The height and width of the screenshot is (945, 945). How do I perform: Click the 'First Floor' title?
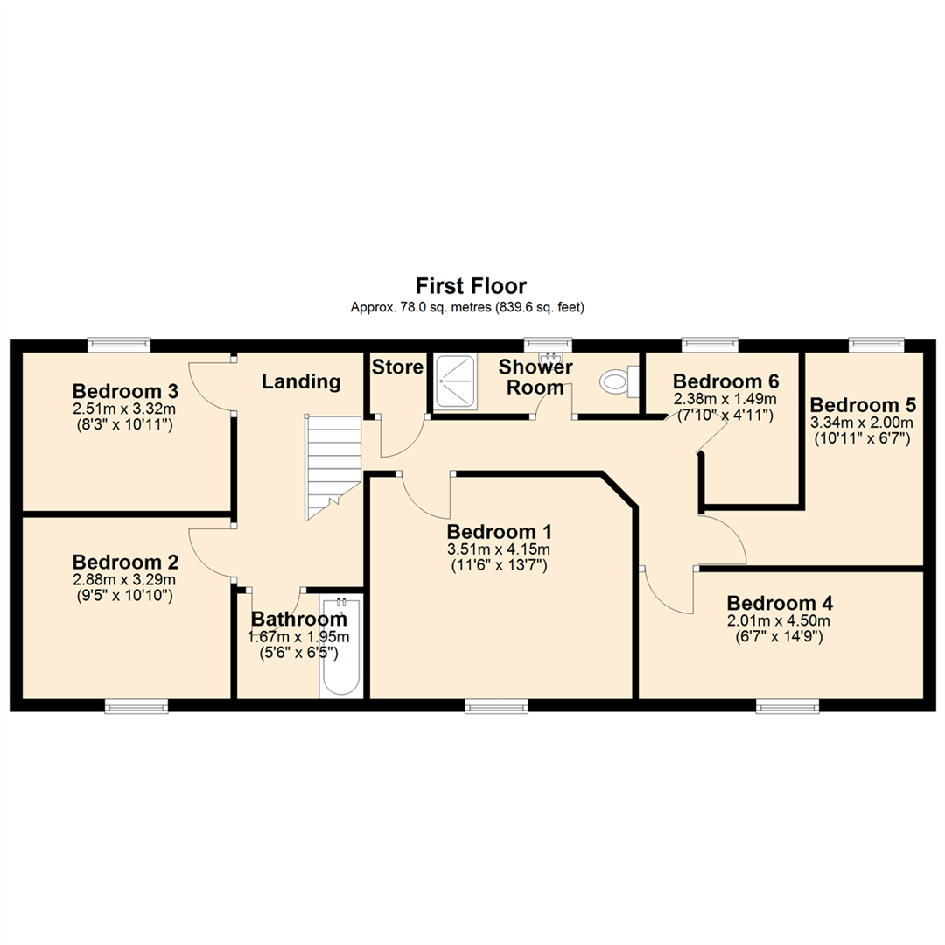(x=471, y=285)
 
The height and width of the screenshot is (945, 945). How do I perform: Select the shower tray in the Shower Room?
(x=456, y=381)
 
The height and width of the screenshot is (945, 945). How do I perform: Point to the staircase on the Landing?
(x=332, y=468)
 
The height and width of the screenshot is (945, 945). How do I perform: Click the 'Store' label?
(x=397, y=367)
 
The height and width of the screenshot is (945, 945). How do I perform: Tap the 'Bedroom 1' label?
(x=500, y=532)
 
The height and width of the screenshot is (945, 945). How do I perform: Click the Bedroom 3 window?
(x=119, y=345)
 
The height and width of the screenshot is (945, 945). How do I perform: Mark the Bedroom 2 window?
(x=136, y=705)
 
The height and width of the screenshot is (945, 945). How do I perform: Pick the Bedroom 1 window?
(x=496, y=705)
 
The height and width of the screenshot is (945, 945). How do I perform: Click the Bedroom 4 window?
(x=787, y=705)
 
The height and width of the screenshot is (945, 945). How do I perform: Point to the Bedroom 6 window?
(x=710, y=345)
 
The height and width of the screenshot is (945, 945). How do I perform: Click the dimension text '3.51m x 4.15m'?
(x=500, y=549)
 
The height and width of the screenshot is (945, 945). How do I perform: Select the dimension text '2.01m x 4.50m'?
(x=779, y=621)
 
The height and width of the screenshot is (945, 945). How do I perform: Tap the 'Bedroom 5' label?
(x=863, y=405)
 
